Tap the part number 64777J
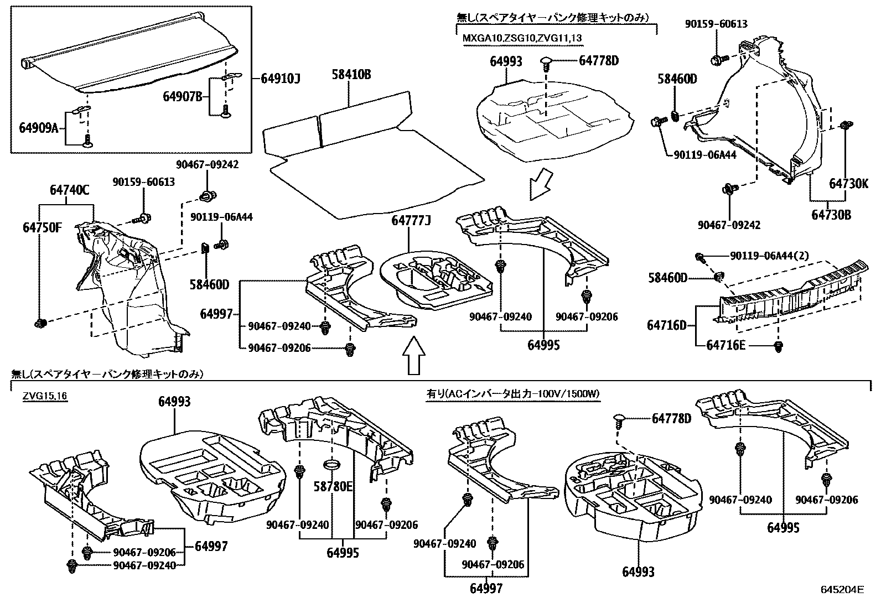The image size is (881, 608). coord(411,221)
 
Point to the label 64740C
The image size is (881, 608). coord(69,190)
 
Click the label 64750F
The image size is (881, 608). coord(42,226)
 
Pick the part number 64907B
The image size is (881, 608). coord(182,97)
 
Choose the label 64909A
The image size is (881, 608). coord(38,128)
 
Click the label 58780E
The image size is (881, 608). coord(333,486)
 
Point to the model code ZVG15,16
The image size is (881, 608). coord(45,397)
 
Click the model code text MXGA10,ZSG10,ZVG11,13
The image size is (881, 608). coord(522,38)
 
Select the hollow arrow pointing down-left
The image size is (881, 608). coord(541,185)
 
